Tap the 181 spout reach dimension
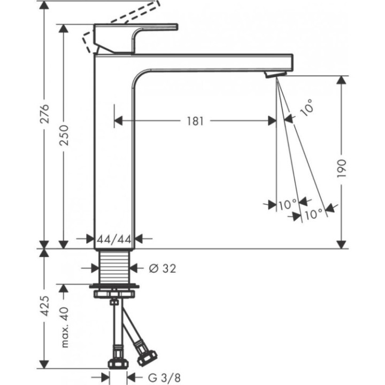click(x=195, y=121)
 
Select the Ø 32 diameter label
click(x=160, y=268)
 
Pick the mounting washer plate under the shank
click(x=114, y=292)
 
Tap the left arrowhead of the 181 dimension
click(x=117, y=121)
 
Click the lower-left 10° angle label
click(x=287, y=204)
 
